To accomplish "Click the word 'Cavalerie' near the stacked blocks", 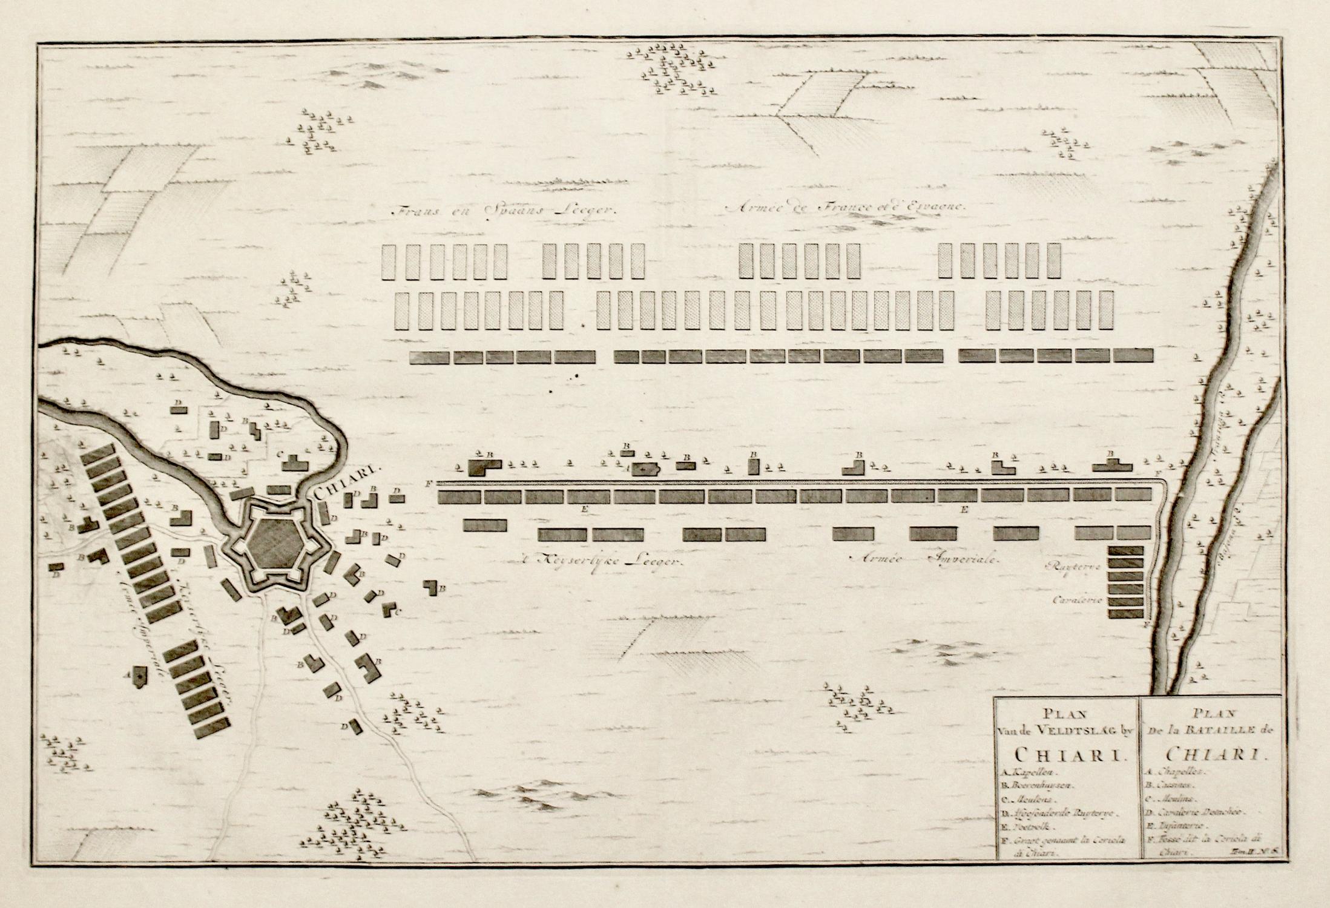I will coord(1081,600).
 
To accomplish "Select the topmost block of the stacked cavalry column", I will coord(1125,550).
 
